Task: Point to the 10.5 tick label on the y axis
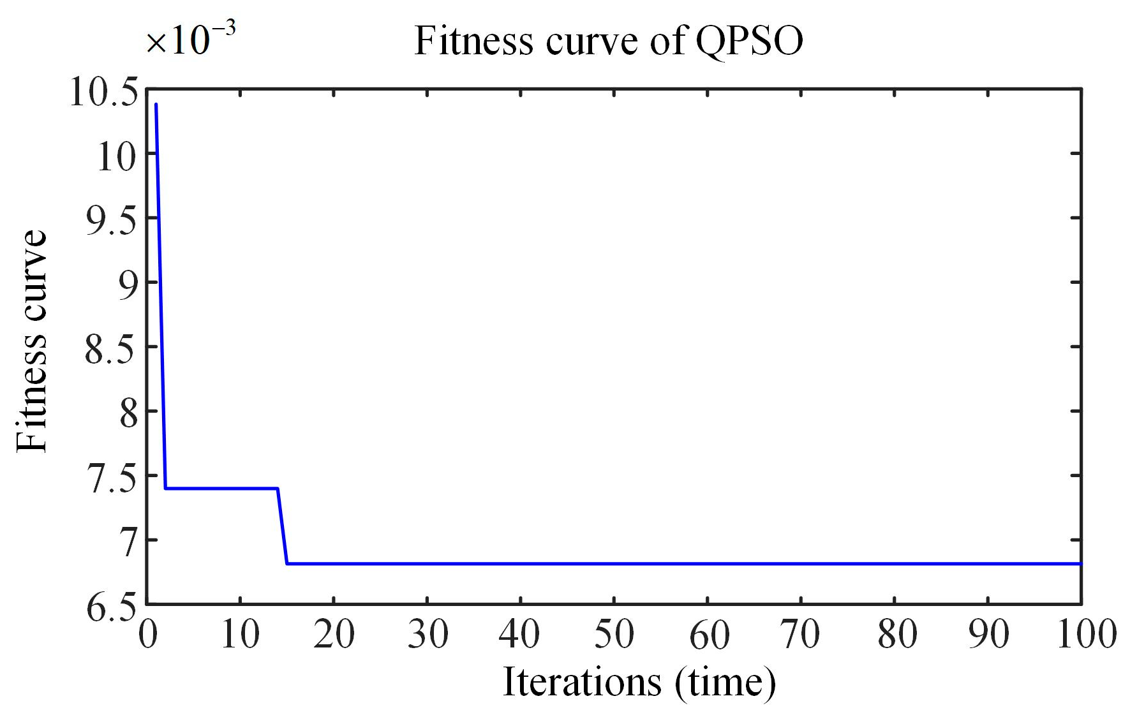pos(103,92)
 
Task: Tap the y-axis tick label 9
pos(128,285)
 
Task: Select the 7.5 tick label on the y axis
pos(112,478)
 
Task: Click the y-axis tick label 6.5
pos(112,607)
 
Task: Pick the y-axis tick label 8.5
pos(112,350)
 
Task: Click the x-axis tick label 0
pos(147,635)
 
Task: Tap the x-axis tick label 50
pos(614,635)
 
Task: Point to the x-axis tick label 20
pos(334,635)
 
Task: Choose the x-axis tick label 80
pos(896,635)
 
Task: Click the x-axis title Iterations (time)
pos(639,683)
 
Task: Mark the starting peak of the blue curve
pos(156,105)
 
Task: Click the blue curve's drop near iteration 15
pos(283,526)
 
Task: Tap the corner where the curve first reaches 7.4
pos(166,488)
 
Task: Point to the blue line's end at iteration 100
pos(1080,563)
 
